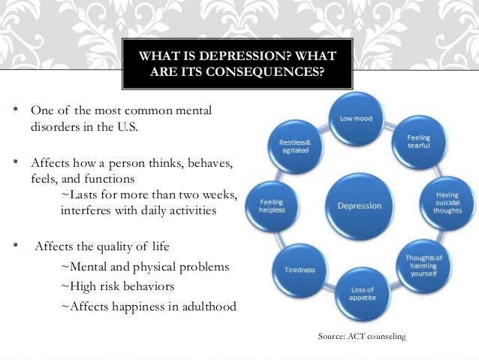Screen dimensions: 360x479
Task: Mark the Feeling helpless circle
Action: coord(271,205)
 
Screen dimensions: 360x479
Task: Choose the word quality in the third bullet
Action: coord(125,247)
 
